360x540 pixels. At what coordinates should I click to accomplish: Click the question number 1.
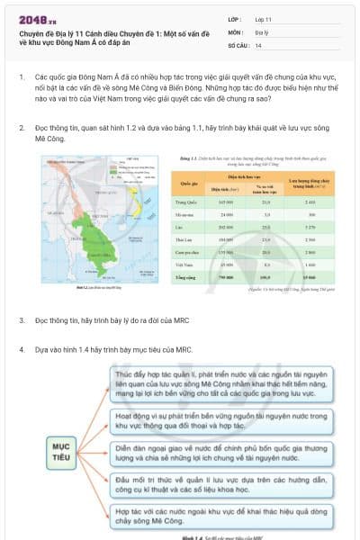coord(21,78)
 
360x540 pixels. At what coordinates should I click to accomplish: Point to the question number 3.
coord(21,320)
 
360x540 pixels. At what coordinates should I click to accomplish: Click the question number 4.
coord(21,349)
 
